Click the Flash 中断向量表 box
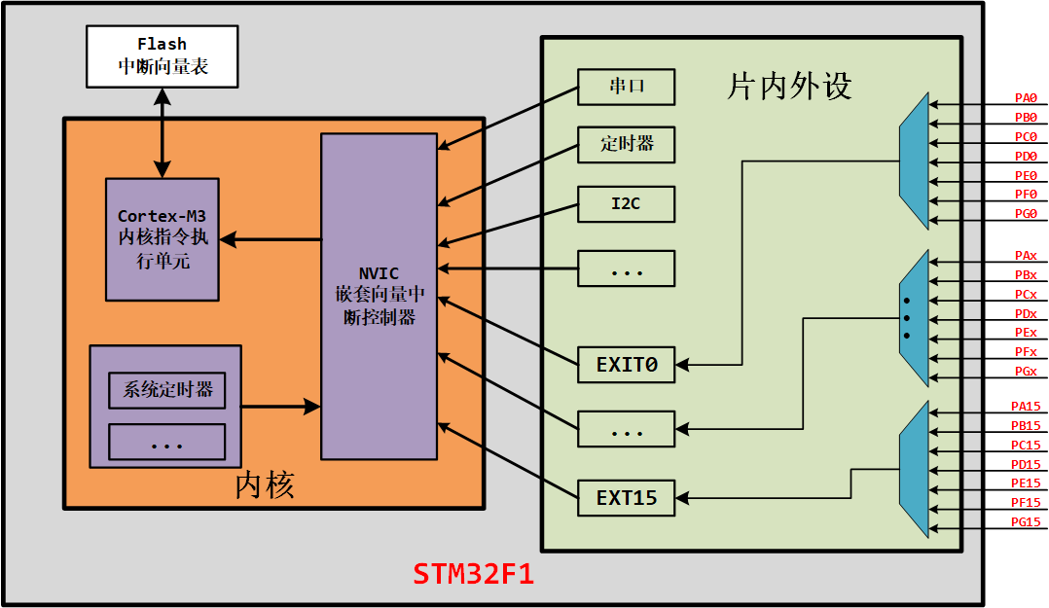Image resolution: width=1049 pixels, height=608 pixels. pos(162,55)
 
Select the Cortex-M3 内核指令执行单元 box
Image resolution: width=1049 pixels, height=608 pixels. pos(162,239)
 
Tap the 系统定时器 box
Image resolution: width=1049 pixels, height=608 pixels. pos(167,390)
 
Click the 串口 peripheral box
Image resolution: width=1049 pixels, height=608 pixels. pos(626,87)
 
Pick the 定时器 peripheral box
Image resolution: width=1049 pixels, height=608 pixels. pos(626,145)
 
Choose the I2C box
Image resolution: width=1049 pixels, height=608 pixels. pos(626,204)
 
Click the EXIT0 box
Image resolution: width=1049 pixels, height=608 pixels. pos(626,365)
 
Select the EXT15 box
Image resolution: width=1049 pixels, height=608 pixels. pos(626,498)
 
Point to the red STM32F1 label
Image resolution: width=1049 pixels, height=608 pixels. pos(474,573)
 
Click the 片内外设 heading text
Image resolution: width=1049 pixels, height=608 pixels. pos(789,87)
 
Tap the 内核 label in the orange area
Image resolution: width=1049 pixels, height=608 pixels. pos(265,485)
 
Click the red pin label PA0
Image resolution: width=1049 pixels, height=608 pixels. pos(1026,98)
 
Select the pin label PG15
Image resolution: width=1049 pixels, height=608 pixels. pos(1026,522)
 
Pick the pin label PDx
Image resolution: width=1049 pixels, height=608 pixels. pos(1026,313)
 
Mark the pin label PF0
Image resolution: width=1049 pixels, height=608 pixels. pos(1026,195)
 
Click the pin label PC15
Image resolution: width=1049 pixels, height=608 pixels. pos(1026,445)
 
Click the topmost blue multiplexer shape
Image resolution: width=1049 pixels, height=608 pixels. pos(914,161)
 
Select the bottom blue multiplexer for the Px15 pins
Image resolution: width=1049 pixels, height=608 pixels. pos(914,468)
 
